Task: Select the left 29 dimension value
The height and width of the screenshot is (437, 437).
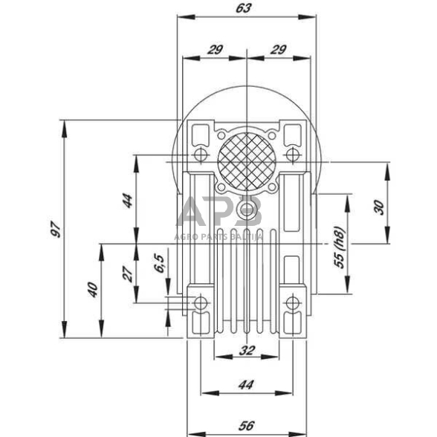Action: pyautogui.click(x=215, y=50)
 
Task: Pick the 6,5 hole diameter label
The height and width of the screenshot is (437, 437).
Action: pyautogui.click(x=158, y=263)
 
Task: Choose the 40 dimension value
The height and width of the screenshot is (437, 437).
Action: pyautogui.click(x=92, y=289)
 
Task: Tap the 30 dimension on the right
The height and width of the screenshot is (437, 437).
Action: pyautogui.click(x=380, y=207)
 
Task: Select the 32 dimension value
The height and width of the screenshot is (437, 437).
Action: pyautogui.click(x=247, y=349)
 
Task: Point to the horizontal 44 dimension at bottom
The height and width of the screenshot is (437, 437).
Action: pyautogui.click(x=247, y=384)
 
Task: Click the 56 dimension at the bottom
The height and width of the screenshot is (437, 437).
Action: pyautogui.click(x=247, y=425)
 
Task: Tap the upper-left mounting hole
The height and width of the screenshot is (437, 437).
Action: pyautogui.click(x=200, y=155)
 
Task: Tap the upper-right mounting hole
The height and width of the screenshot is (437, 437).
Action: pyautogui.click(x=293, y=155)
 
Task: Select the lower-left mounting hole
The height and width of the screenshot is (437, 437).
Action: pyautogui.click(x=200, y=302)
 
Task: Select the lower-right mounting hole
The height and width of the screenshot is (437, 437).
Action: pyautogui.click(x=293, y=302)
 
